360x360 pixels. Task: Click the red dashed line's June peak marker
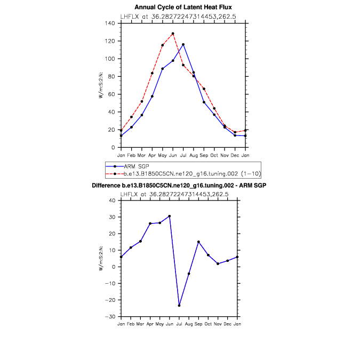pos(173,34)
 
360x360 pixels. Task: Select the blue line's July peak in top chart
pos(183,45)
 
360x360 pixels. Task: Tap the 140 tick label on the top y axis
pos(110,23)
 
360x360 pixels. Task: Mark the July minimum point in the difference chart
pos(179,306)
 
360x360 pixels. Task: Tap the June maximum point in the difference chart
pos(170,216)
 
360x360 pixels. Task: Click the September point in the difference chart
pos(198,242)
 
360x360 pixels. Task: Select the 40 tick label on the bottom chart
pos(112,201)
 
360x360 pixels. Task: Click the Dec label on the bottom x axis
pos(227,324)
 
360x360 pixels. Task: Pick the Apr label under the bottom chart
pos(150,324)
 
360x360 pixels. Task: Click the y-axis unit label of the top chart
pos(101,86)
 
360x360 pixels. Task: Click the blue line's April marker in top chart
pos(152,97)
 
